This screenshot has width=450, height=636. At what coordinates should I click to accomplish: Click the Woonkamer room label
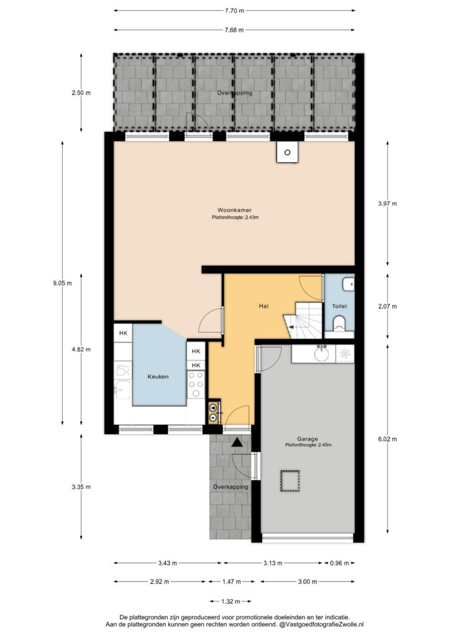click(234, 210)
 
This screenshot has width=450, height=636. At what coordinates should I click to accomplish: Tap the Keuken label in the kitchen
click(158, 376)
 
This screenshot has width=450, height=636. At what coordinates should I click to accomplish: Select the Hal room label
click(264, 306)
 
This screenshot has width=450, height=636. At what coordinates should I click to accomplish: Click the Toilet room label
click(339, 306)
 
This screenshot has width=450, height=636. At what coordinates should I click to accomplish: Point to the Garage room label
click(307, 438)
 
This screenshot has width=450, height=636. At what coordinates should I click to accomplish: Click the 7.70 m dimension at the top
click(234, 11)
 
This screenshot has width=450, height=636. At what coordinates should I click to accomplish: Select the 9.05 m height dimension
click(62, 283)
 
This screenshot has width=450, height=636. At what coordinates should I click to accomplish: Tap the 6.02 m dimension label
click(387, 439)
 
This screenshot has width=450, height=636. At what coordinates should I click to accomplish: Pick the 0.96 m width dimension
click(339, 563)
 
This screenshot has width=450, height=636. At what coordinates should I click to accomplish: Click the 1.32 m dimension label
click(231, 601)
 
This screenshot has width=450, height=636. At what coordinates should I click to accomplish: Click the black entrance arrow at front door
click(237, 442)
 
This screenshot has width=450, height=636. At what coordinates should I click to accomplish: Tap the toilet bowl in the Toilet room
click(339, 324)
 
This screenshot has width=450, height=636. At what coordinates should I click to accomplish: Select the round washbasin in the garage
click(322, 353)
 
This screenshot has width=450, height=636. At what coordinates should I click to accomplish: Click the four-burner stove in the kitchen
click(196, 384)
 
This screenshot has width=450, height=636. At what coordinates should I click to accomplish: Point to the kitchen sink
click(122, 389)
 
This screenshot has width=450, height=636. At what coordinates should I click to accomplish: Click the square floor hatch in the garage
click(290, 481)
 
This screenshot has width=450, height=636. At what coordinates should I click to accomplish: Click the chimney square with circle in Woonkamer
click(287, 153)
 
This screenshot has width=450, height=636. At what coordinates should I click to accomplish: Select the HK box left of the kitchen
click(123, 333)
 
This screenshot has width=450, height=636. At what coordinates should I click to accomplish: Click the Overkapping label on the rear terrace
click(234, 93)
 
